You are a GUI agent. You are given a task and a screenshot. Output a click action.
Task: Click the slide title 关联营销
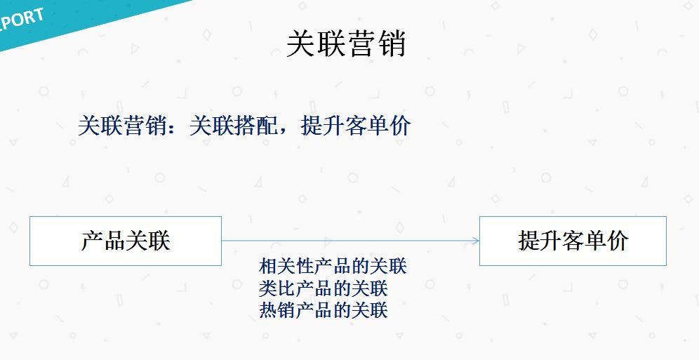pyautogui.click(x=347, y=44)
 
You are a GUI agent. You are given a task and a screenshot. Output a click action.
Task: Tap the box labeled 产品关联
pyautogui.click(x=126, y=241)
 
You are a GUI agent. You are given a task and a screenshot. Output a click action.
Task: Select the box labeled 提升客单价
pyautogui.click(x=573, y=241)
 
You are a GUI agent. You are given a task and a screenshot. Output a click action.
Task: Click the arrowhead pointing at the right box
pyautogui.click(x=476, y=241)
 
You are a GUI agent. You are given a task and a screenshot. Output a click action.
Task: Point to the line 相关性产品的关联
pyautogui.click(x=333, y=267)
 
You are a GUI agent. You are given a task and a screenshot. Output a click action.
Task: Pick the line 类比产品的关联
pyautogui.click(x=324, y=288)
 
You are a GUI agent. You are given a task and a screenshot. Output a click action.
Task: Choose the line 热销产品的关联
pyautogui.click(x=324, y=309)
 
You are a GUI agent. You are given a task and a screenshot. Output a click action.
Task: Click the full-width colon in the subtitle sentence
pyautogui.click(x=179, y=127)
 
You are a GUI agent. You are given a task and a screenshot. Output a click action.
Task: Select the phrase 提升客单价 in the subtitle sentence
pyautogui.click(x=356, y=126)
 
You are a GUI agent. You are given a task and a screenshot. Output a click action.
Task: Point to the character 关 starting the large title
pyautogui.click(x=300, y=44)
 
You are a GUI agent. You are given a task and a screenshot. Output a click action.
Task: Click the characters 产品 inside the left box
pyautogui.click(x=103, y=241)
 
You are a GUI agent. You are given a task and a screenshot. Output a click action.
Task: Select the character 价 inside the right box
pyautogui.click(x=618, y=241)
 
